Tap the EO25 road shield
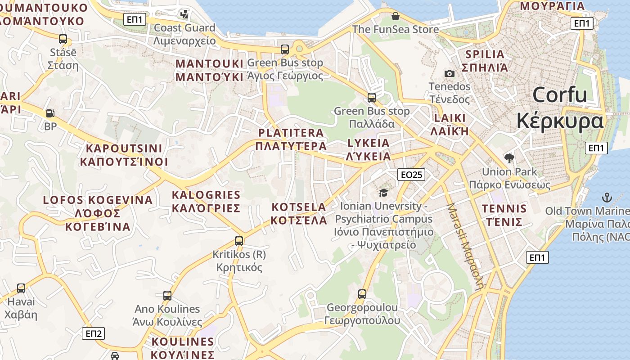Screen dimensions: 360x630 coord(411,175)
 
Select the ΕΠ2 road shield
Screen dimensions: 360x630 coord(94,333)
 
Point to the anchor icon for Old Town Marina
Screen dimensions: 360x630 coord(607,198)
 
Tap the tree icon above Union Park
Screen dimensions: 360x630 coord(509,158)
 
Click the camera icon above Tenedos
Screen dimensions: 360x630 coord(449,73)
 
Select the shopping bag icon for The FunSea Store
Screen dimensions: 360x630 coord(395,17)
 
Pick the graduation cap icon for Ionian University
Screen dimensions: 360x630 coord(383,193)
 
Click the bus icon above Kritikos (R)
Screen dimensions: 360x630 coord(239,241)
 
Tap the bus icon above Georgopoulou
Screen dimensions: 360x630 coord(362,294)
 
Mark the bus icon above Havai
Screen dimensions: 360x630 coord(21,288)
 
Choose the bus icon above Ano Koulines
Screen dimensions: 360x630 coord(167,296)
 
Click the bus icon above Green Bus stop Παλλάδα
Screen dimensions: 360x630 coord(372,97)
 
